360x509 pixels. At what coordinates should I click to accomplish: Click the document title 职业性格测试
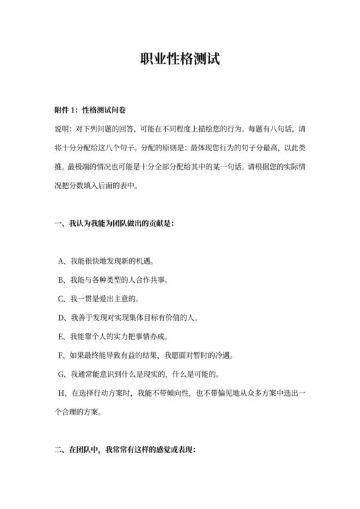click(180, 60)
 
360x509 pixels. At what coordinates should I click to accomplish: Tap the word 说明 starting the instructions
click(62, 129)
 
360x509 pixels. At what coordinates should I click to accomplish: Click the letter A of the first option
click(60, 262)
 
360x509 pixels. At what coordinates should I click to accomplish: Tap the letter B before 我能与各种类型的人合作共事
click(60, 281)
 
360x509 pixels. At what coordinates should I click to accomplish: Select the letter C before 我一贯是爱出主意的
click(60, 299)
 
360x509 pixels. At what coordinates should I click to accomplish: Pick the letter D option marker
click(60, 318)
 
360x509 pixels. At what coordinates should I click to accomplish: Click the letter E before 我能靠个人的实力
click(60, 337)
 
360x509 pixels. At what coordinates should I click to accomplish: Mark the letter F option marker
click(60, 355)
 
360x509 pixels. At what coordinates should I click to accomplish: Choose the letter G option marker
click(60, 374)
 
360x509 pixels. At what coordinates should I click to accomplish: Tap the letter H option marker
click(60, 393)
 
